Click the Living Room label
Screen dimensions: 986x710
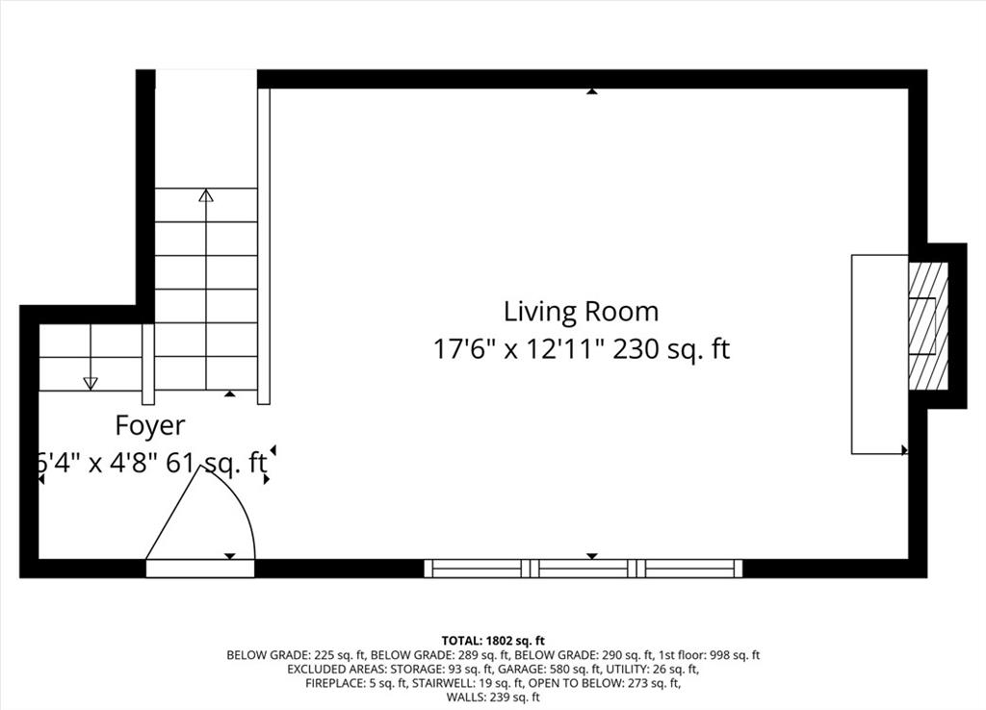point(581,312)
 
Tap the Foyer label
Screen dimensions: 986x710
point(149,426)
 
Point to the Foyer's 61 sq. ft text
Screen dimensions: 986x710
point(216,464)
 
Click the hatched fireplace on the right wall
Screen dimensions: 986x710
point(928,325)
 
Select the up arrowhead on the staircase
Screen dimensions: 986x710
point(206,195)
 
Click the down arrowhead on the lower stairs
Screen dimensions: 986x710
point(91,383)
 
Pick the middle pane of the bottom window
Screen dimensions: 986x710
point(584,569)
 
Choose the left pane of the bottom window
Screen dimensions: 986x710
point(478,569)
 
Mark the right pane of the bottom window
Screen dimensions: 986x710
point(689,569)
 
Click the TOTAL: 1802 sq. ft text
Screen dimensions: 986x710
point(493,642)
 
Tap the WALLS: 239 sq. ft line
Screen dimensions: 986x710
point(493,697)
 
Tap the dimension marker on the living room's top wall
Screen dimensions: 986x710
point(592,91)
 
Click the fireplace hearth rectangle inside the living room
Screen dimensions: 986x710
point(880,354)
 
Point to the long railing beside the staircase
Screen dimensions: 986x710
point(264,246)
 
